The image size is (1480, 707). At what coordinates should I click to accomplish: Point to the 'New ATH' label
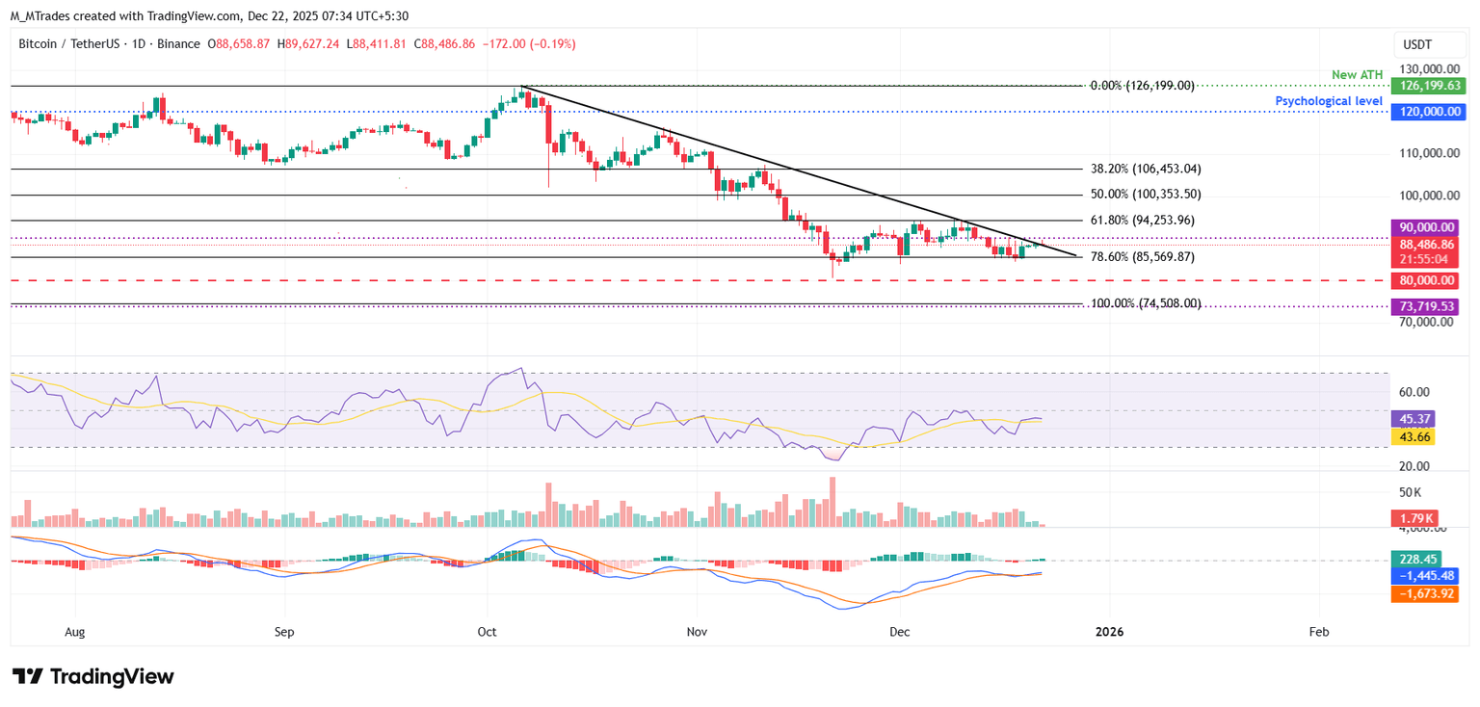tap(1358, 75)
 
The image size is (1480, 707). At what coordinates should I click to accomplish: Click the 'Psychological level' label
tap(1329, 101)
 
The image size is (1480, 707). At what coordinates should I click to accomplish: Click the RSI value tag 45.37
tap(1413, 419)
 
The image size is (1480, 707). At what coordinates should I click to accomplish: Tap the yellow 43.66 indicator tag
tap(1413, 436)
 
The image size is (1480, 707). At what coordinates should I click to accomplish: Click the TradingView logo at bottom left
tap(93, 676)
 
